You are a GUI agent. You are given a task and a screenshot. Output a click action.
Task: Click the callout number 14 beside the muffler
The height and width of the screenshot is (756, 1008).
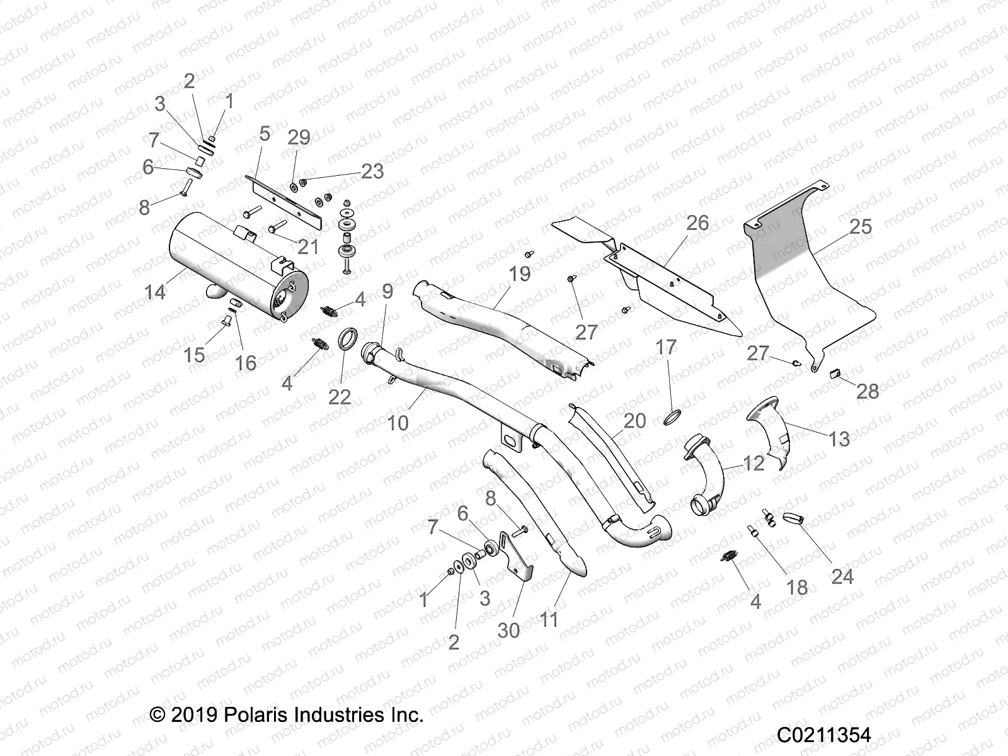[x=155, y=292]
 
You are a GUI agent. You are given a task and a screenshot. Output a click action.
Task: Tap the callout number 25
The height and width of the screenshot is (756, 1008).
[x=860, y=227]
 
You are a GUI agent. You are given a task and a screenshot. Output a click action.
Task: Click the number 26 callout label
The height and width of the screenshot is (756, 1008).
[x=697, y=223]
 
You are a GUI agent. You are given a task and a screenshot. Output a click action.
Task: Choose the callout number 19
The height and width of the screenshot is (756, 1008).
[x=520, y=274]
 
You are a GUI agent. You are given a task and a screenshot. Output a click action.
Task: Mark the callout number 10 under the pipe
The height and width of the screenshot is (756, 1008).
[x=398, y=422]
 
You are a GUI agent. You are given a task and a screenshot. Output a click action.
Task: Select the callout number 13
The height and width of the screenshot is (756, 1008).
[x=839, y=438]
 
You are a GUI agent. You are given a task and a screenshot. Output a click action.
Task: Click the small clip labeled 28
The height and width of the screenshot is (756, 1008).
[x=837, y=373]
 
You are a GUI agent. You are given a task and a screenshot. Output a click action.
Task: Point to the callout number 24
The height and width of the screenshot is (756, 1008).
[x=842, y=576]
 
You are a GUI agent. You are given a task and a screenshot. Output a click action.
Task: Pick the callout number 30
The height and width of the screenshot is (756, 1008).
[x=508, y=629]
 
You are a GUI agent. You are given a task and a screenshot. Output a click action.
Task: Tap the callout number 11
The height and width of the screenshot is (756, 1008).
[x=549, y=620]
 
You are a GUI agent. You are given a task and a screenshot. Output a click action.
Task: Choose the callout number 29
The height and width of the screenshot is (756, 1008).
[x=299, y=138]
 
